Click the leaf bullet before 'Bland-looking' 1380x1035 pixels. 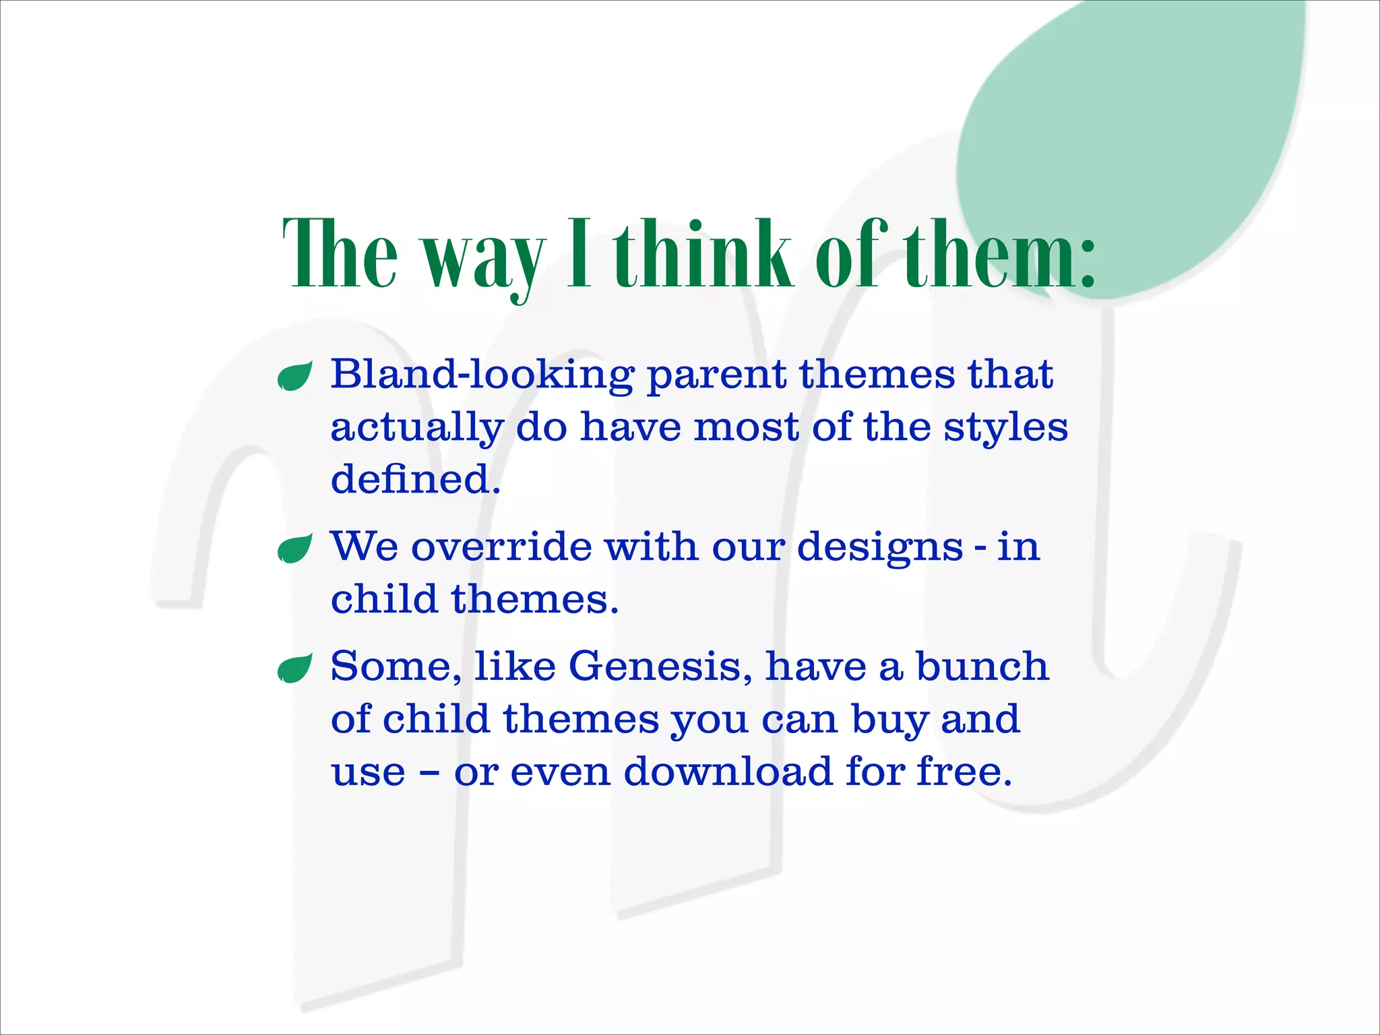coord(295,376)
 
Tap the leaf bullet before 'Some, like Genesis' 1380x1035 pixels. coord(295,668)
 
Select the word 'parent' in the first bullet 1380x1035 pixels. coord(716,376)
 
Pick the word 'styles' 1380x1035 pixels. coord(1005,429)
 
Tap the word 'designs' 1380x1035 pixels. coord(880,547)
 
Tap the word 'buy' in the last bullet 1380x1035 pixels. coord(889,720)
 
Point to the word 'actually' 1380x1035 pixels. coord(417,429)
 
